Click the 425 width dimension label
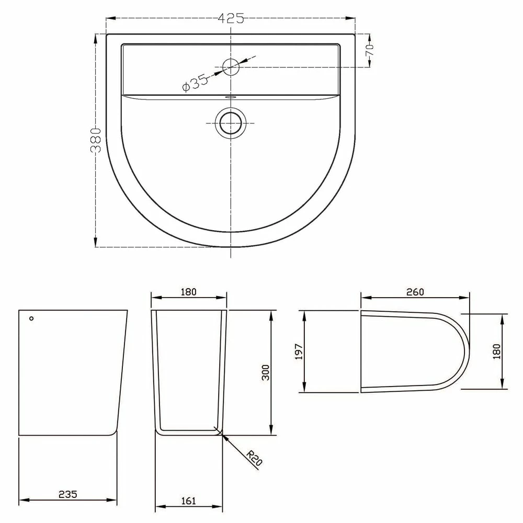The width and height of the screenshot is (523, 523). (x=231, y=18)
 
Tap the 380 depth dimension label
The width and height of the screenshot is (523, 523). (x=96, y=140)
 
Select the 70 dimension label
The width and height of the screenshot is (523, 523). (x=369, y=50)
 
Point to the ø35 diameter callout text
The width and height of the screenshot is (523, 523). (x=195, y=83)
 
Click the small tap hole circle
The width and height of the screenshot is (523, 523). (x=231, y=66)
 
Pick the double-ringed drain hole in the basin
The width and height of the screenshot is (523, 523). (x=231, y=123)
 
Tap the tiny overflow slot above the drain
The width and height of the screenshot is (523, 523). (x=231, y=97)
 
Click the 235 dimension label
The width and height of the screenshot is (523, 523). (x=67, y=494)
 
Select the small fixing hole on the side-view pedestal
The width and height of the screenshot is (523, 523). (x=31, y=318)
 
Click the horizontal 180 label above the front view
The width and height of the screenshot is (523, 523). (x=188, y=292)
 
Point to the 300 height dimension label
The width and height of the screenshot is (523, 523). (x=266, y=372)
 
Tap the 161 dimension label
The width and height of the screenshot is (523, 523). (x=188, y=501)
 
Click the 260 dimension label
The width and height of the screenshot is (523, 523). (x=414, y=292)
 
